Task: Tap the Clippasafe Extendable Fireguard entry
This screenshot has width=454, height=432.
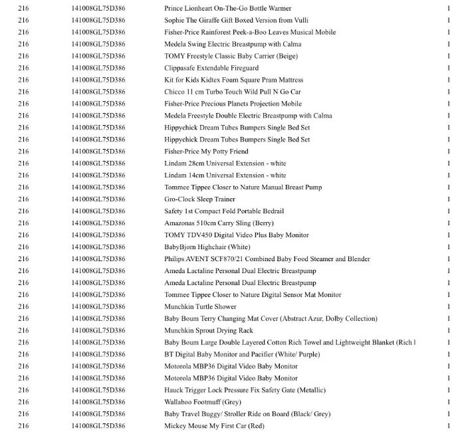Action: pyautogui.click(x=211, y=68)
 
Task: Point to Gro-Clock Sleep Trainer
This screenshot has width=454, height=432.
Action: pyautogui.click(x=199, y=199)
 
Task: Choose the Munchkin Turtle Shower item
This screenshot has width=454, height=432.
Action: pyautogui.click(x=200, y=306)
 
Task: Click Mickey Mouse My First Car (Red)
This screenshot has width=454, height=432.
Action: pyautogui.click(x=214, y=426)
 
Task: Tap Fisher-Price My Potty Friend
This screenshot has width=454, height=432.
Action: pyautogui.click(x=206, y=152)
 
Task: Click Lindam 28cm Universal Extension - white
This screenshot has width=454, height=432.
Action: pyautogui.click(x=225, y=163)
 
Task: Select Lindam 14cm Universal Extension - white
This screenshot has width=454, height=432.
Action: pyautogui.click(x=225, y=175)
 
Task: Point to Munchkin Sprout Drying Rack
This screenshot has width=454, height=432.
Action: pyautogui.click(x=208, y=330)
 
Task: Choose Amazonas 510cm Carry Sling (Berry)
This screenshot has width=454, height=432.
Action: pyautogui.click(x=219, y=223)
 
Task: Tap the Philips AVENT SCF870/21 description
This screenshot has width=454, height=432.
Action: pyautogui.click(x=267, y=259)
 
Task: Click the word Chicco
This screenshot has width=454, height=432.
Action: pyautogui.click(x=174, y=92)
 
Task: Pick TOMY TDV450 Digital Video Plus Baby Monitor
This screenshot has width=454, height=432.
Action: pyautogui.click(x=236, y=235)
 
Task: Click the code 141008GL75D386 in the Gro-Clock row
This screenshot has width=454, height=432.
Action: pyautogui.click(x=98, y=199)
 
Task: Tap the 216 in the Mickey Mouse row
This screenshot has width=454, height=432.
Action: pyautogui.click(x=23, y=426)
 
